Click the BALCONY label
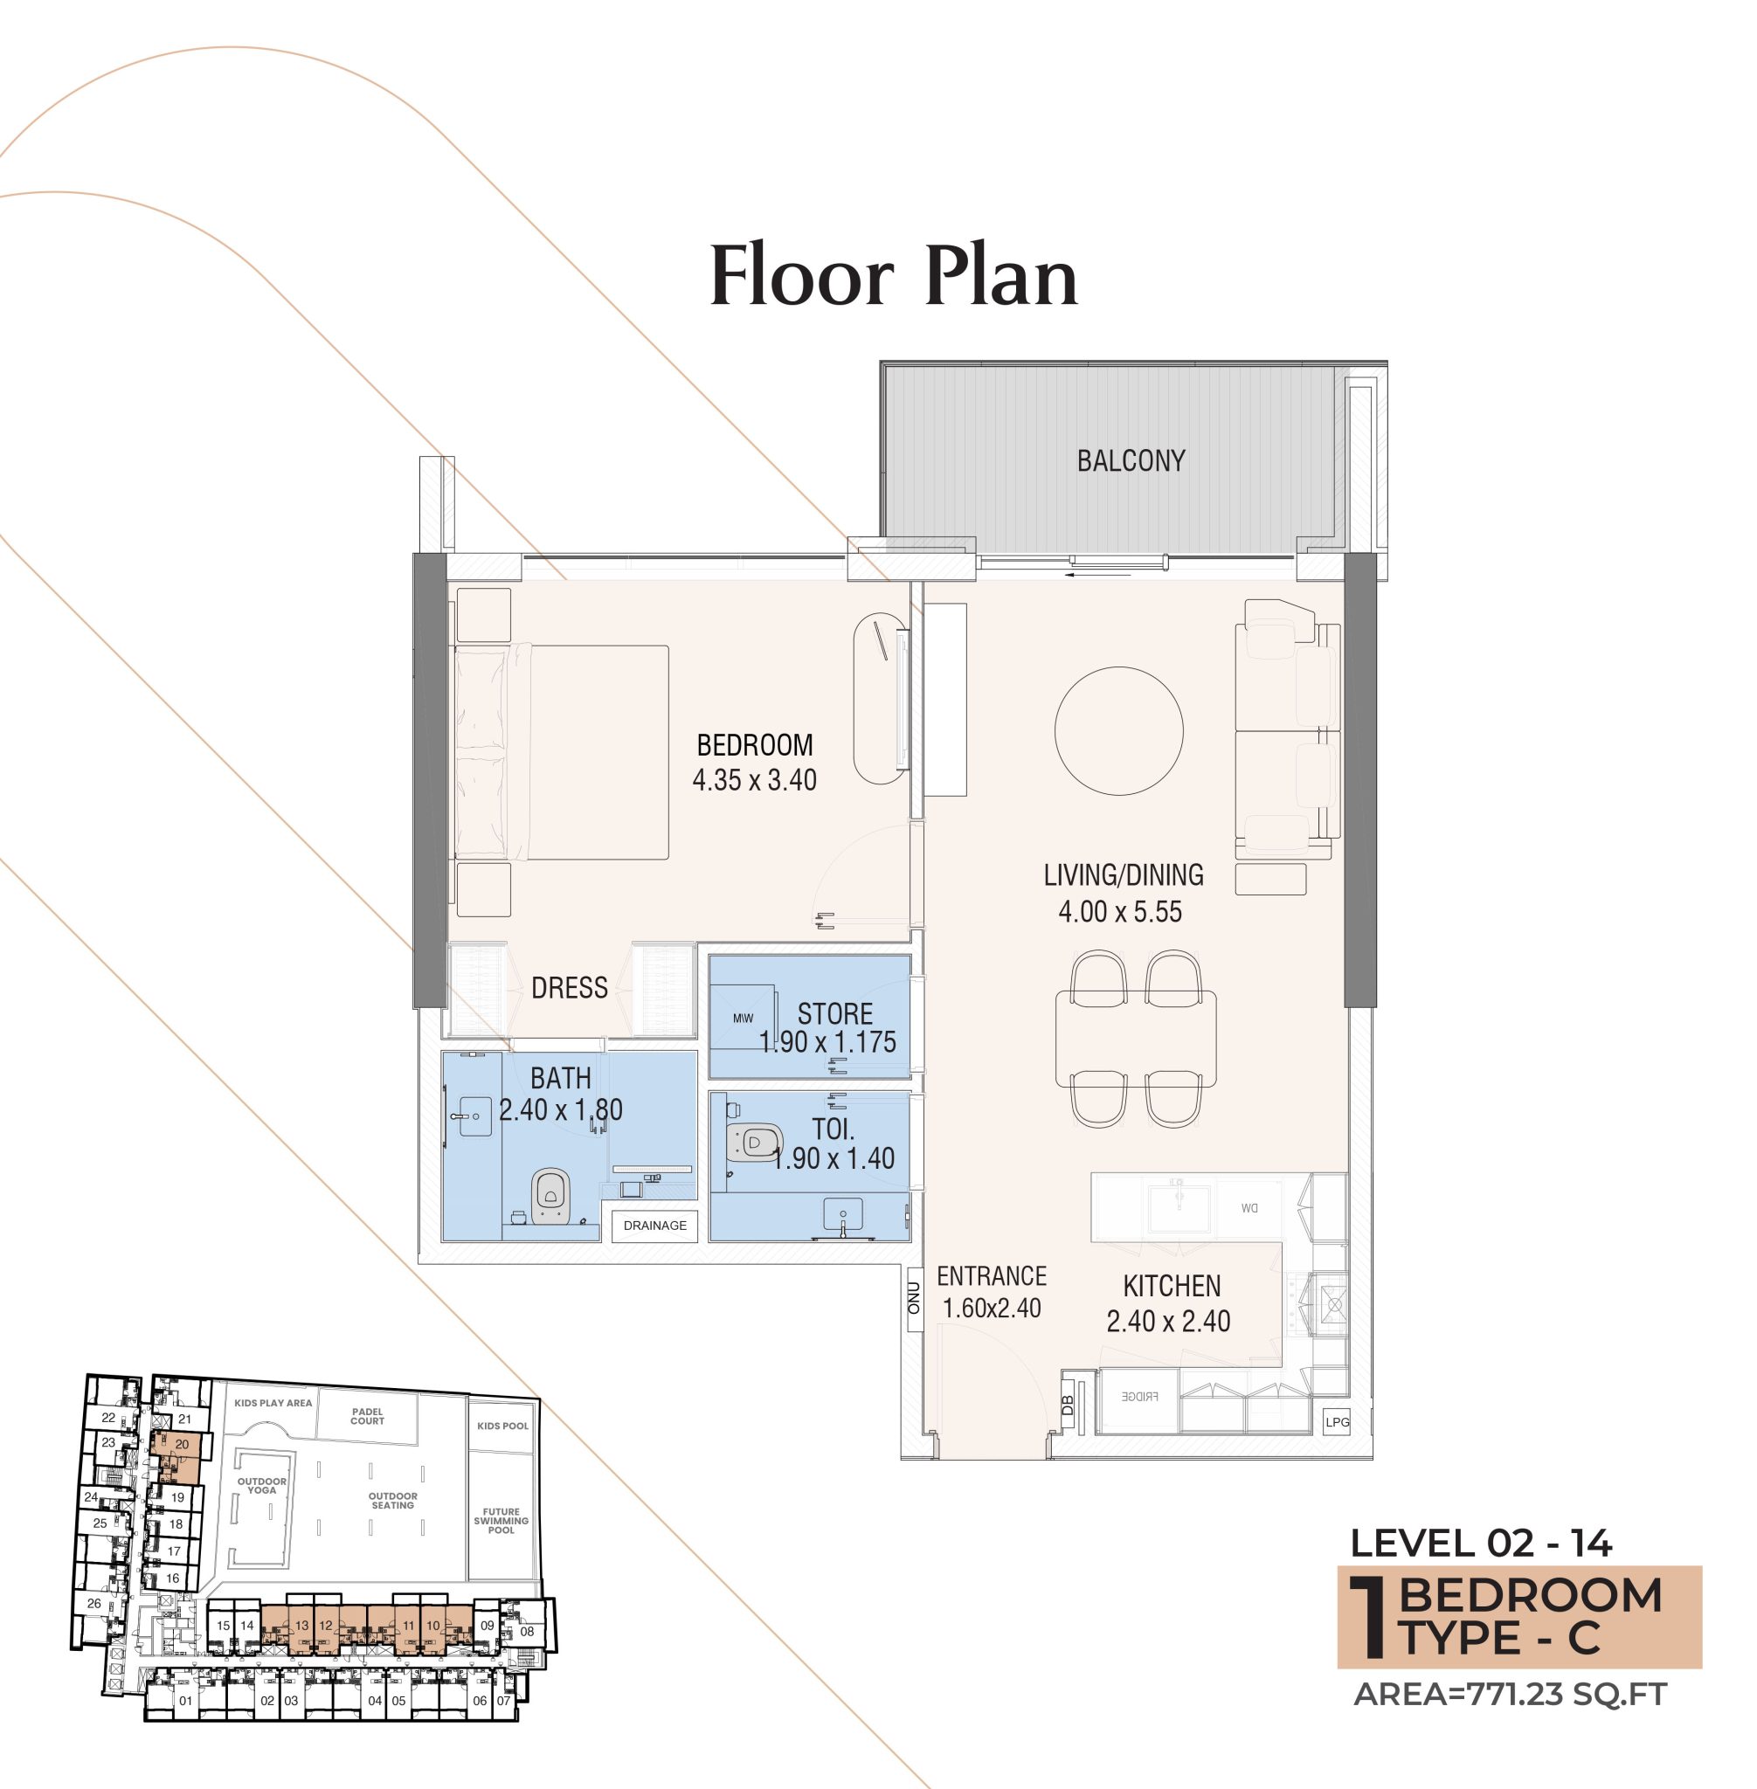click(1131, 460)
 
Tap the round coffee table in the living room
click(1118, 731)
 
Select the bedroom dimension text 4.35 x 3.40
click(754, 781)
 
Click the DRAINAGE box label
click(654, 1226)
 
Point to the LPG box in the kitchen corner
click(1337, 1422)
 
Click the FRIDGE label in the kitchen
click(1139, 1396)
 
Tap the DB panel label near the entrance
click(1069, 1406)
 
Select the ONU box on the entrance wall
click(914, 1298)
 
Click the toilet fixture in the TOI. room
click(753, 1143)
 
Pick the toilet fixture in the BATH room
click(550, 1197)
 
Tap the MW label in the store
click(743, 1019)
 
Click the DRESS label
click(570, 988)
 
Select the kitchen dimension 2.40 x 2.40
click(1168, 1321)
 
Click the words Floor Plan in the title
click(893, 276)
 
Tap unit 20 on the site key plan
click(182, 1445)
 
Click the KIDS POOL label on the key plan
click(503, 1426)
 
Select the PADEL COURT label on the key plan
click(367, 1416)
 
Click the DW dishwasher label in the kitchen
click(1249, 1208)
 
